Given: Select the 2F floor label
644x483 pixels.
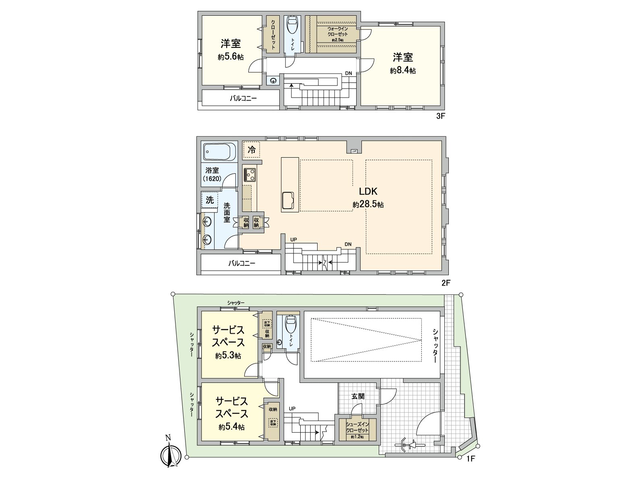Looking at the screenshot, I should click(x=445, y=283).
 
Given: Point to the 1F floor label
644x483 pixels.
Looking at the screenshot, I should click(x=471, y=458).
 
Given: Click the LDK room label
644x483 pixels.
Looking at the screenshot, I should click(x=368, y=192).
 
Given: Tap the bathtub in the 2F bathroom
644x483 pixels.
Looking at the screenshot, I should click(x=219, y=153).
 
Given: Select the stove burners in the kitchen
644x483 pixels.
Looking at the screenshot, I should click(x=250, y=175).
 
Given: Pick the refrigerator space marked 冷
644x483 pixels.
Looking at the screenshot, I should click(x=252, y=151).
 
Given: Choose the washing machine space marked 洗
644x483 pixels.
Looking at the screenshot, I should click(x=210, y=200).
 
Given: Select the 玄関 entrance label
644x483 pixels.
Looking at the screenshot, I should click(x=358, y=396).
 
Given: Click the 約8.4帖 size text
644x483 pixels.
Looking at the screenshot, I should click(x=402, y=71).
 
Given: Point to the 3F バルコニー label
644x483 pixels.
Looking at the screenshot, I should click(x=243, y=98).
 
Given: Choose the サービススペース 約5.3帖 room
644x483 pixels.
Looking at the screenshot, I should click(x=228, y=342).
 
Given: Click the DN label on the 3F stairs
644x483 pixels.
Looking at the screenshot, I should click(x=349, y=74).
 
